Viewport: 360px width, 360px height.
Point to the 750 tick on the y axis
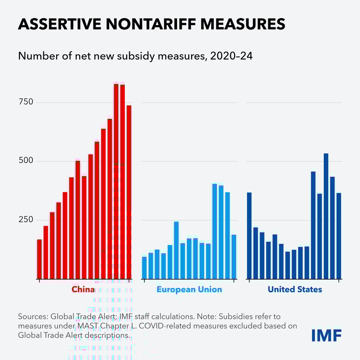(26, 102)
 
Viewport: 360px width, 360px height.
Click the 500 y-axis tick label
(26, 161)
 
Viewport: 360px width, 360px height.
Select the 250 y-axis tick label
(26, 220)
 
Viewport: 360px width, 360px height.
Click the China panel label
(83, 289)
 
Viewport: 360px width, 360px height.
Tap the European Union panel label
(189, 289)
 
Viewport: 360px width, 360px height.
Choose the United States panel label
(295, 289)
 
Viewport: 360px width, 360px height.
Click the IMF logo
(326, 335)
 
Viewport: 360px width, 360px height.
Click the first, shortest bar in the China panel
(39, 259)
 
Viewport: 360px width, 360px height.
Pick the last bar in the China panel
(129, 192)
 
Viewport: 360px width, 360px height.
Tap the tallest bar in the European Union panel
(214, 231)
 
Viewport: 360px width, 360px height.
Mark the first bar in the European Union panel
(144, 268)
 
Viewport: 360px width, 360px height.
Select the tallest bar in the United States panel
(326, 216)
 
